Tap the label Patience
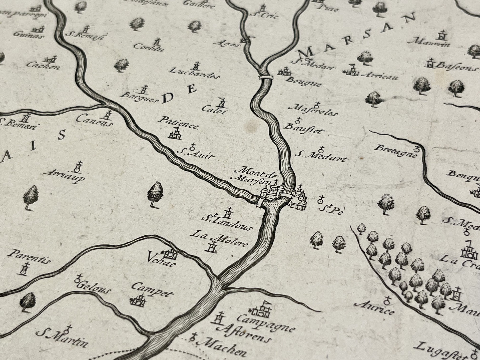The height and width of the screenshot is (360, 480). (x=179, y=123)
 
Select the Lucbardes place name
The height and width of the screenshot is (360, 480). (x=194, y=73)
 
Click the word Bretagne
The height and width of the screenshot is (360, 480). (x=395, y=151)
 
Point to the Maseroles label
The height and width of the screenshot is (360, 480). (x=314, y=111)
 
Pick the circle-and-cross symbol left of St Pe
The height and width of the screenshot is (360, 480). (x=321, y=200)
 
